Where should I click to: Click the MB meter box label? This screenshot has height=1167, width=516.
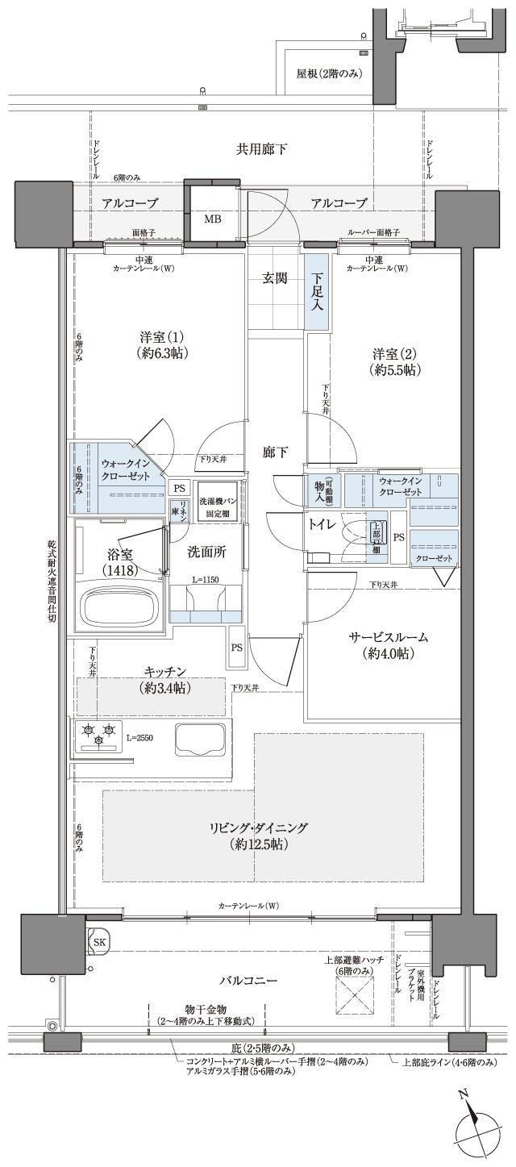coord(211,219)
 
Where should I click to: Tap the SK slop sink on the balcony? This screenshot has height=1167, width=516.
coord(98,942)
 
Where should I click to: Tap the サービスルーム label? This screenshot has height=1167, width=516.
coord(389,637)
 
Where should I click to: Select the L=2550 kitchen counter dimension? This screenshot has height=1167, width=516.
coord(140,738)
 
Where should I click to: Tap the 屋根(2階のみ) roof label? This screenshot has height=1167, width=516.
coord(329,74)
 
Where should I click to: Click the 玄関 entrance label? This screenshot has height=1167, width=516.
coord(274,278)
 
